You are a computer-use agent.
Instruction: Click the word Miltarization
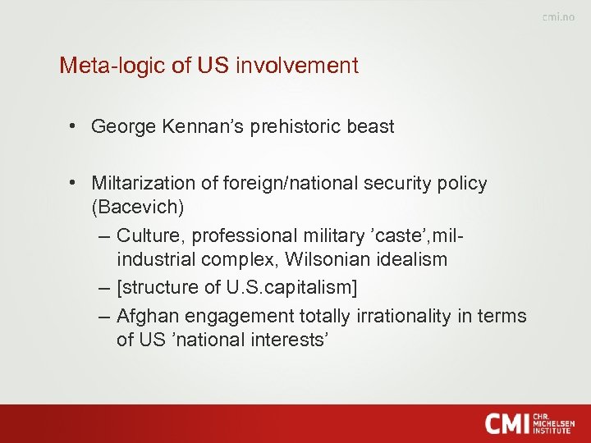(x=146, y=183)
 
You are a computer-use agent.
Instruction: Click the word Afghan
(x=145, y=316)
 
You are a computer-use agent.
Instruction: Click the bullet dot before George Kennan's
(x=73, y=127)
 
